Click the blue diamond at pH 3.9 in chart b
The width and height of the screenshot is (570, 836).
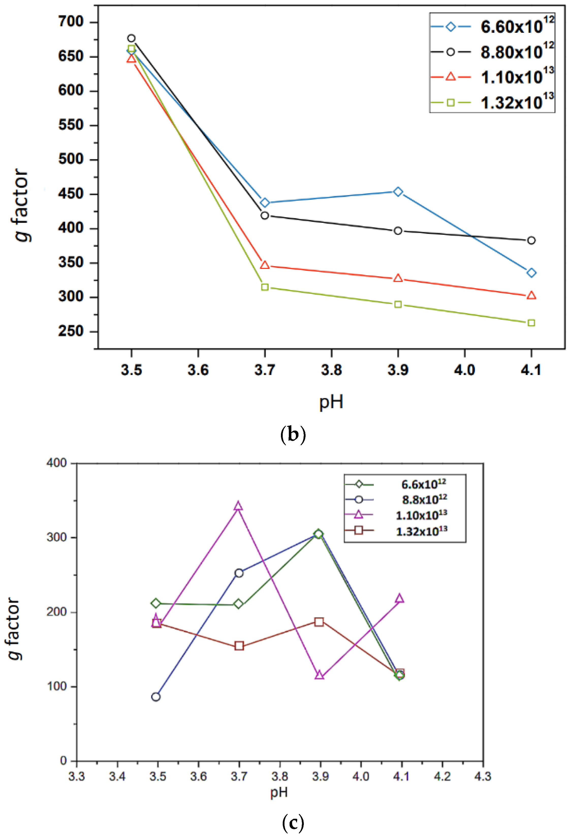point(398,192)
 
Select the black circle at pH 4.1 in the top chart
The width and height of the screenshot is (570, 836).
point(531,240)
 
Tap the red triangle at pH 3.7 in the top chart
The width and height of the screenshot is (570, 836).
point(265,265)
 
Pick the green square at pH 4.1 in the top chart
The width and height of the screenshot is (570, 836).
point(531,323)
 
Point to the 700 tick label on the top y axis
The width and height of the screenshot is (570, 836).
point(71,22)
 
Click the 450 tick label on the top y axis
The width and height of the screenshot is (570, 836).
point(71,194)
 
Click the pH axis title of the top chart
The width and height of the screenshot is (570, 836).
point(331,402)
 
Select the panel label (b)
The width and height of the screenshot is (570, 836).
point(293,435)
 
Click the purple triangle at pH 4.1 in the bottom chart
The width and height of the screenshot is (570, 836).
point(399,599)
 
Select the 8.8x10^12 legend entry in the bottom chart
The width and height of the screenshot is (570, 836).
point(424,500)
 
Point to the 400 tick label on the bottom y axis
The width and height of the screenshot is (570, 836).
point(57,463)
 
